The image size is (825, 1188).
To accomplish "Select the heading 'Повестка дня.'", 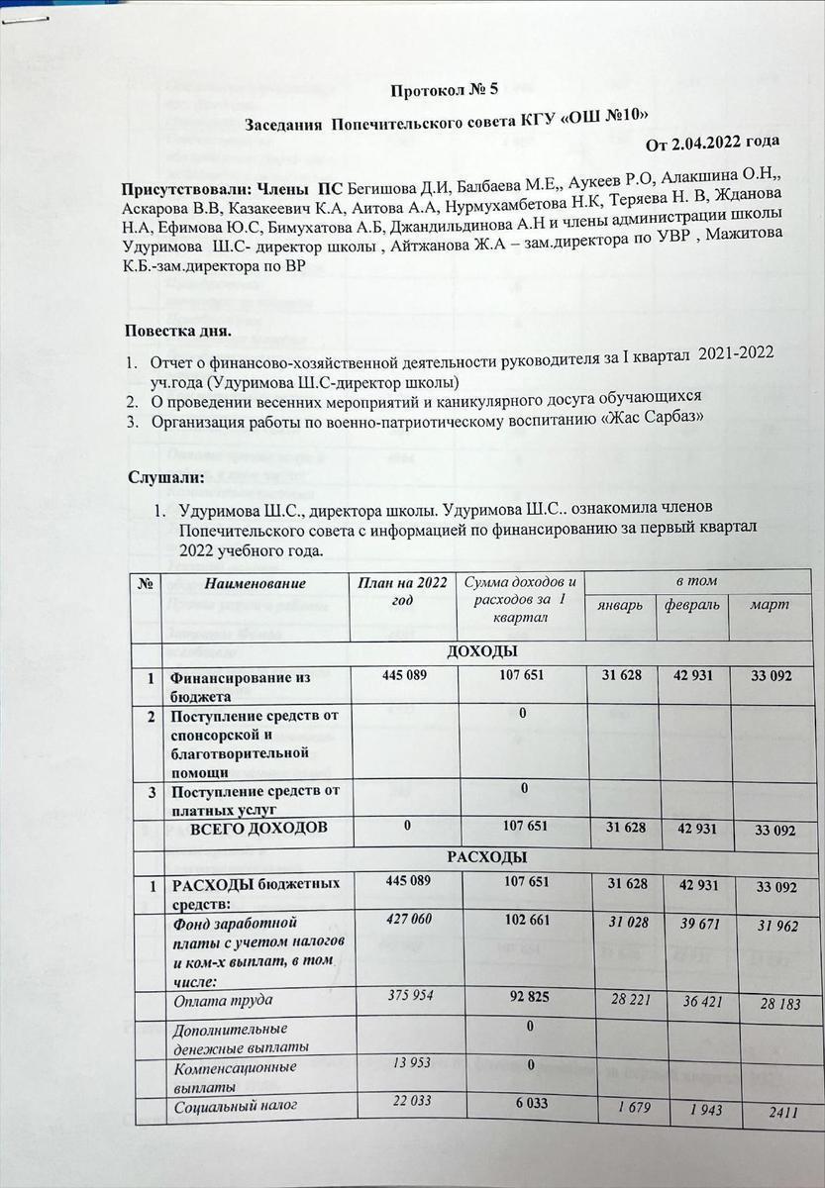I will (x=177, y=330).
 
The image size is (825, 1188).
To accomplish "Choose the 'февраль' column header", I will (x=693, y=604).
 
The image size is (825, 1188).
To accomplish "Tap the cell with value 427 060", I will (x=406, y=920).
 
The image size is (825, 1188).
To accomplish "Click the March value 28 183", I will (x=775, y=1005).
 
